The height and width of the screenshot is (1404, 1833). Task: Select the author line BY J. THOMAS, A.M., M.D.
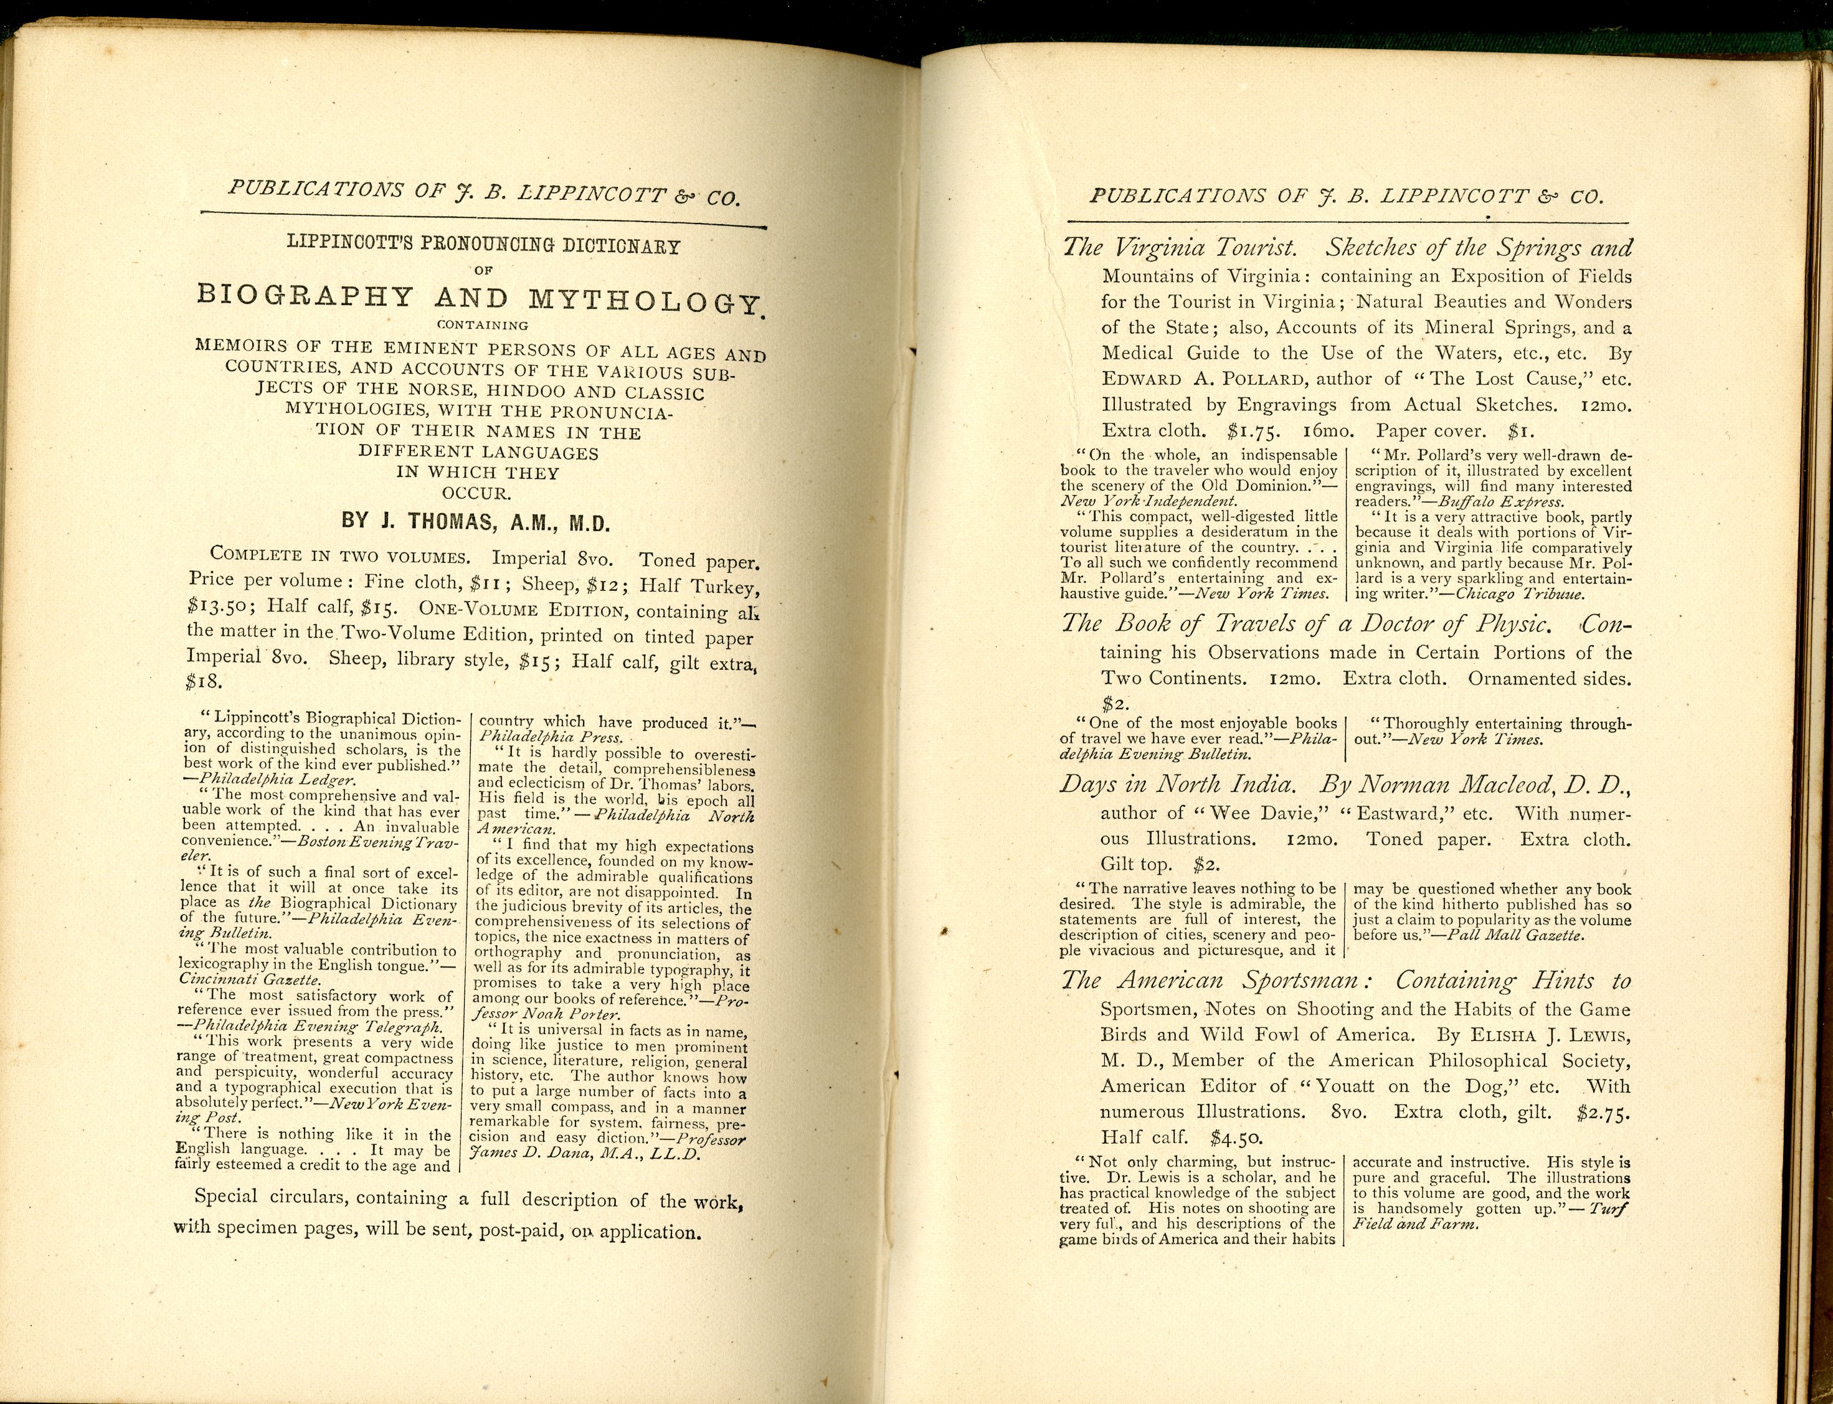(476, 522)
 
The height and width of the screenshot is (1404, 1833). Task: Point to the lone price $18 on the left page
(203, 681)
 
